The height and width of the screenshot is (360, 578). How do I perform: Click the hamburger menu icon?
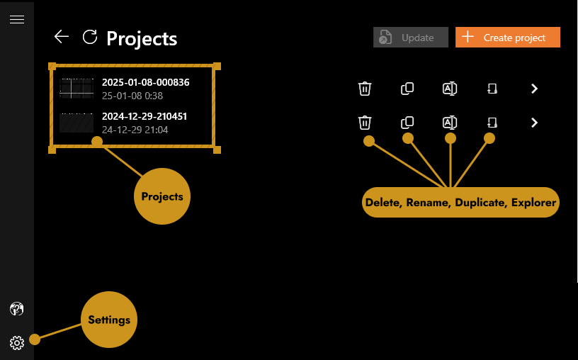(x=17, y=19)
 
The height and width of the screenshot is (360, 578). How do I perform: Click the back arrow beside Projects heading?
(x=62, y=37)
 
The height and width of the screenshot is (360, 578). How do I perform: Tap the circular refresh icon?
(x=90, y=37)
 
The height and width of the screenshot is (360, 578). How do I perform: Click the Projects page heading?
(x=142, y=38)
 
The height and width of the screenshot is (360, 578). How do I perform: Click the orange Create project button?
(x=508, y=38)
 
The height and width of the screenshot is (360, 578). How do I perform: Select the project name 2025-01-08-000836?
(x=145, y=82)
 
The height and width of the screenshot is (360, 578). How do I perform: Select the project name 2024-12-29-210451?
(x=144, y=116)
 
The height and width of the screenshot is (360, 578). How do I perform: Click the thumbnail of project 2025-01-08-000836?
(x=76, y=89)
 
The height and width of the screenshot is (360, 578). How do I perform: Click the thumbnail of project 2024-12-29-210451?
(x=76, y=123)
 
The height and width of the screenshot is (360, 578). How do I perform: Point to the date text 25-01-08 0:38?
(x=132, y=96)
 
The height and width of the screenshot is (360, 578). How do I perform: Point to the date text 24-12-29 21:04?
(x=135, y=130)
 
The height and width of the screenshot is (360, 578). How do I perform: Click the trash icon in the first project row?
(x=365, y=89)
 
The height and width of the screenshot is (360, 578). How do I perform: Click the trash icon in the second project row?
(x=365, y=123)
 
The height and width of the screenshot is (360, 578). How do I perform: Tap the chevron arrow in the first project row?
(x=535, y=89)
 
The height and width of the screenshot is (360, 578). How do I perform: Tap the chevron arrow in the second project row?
(x=535, y=123)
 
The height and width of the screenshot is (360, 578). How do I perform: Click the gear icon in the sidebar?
(x=17, y=343)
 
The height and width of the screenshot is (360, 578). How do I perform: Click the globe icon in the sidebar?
(x=17, y=309)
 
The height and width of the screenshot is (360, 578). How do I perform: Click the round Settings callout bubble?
(x=109, y=320)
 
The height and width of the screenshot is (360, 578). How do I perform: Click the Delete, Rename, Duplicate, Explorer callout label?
(x=460, y=203)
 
